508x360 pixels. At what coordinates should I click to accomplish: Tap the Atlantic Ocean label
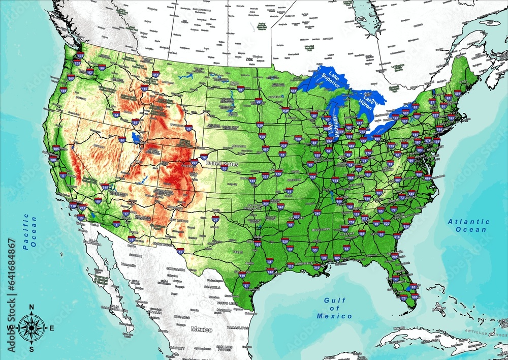coord(468,225)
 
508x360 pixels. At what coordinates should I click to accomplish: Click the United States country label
coord(223,164)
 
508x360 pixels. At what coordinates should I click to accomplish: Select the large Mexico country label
coord(202,329)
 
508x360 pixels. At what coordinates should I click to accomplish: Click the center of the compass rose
coord(31,328)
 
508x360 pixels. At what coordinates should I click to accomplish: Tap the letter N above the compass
coord(31,307)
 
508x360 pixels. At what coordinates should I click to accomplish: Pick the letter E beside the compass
coord(51,328)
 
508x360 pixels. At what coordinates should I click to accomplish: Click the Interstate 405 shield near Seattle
coord(80,55)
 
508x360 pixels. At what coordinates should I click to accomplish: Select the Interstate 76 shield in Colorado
coord(204,157)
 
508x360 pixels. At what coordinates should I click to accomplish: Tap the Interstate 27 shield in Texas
coord(215,218)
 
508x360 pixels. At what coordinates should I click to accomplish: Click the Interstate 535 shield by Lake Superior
coord(294,91)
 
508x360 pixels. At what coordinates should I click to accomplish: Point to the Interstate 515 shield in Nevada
coord(105,187)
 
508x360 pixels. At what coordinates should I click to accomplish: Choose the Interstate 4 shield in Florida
coord(395,279)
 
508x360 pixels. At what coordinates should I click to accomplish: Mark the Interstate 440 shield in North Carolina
coord(411,193)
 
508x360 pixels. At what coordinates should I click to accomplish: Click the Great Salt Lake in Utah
coord(134,137)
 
